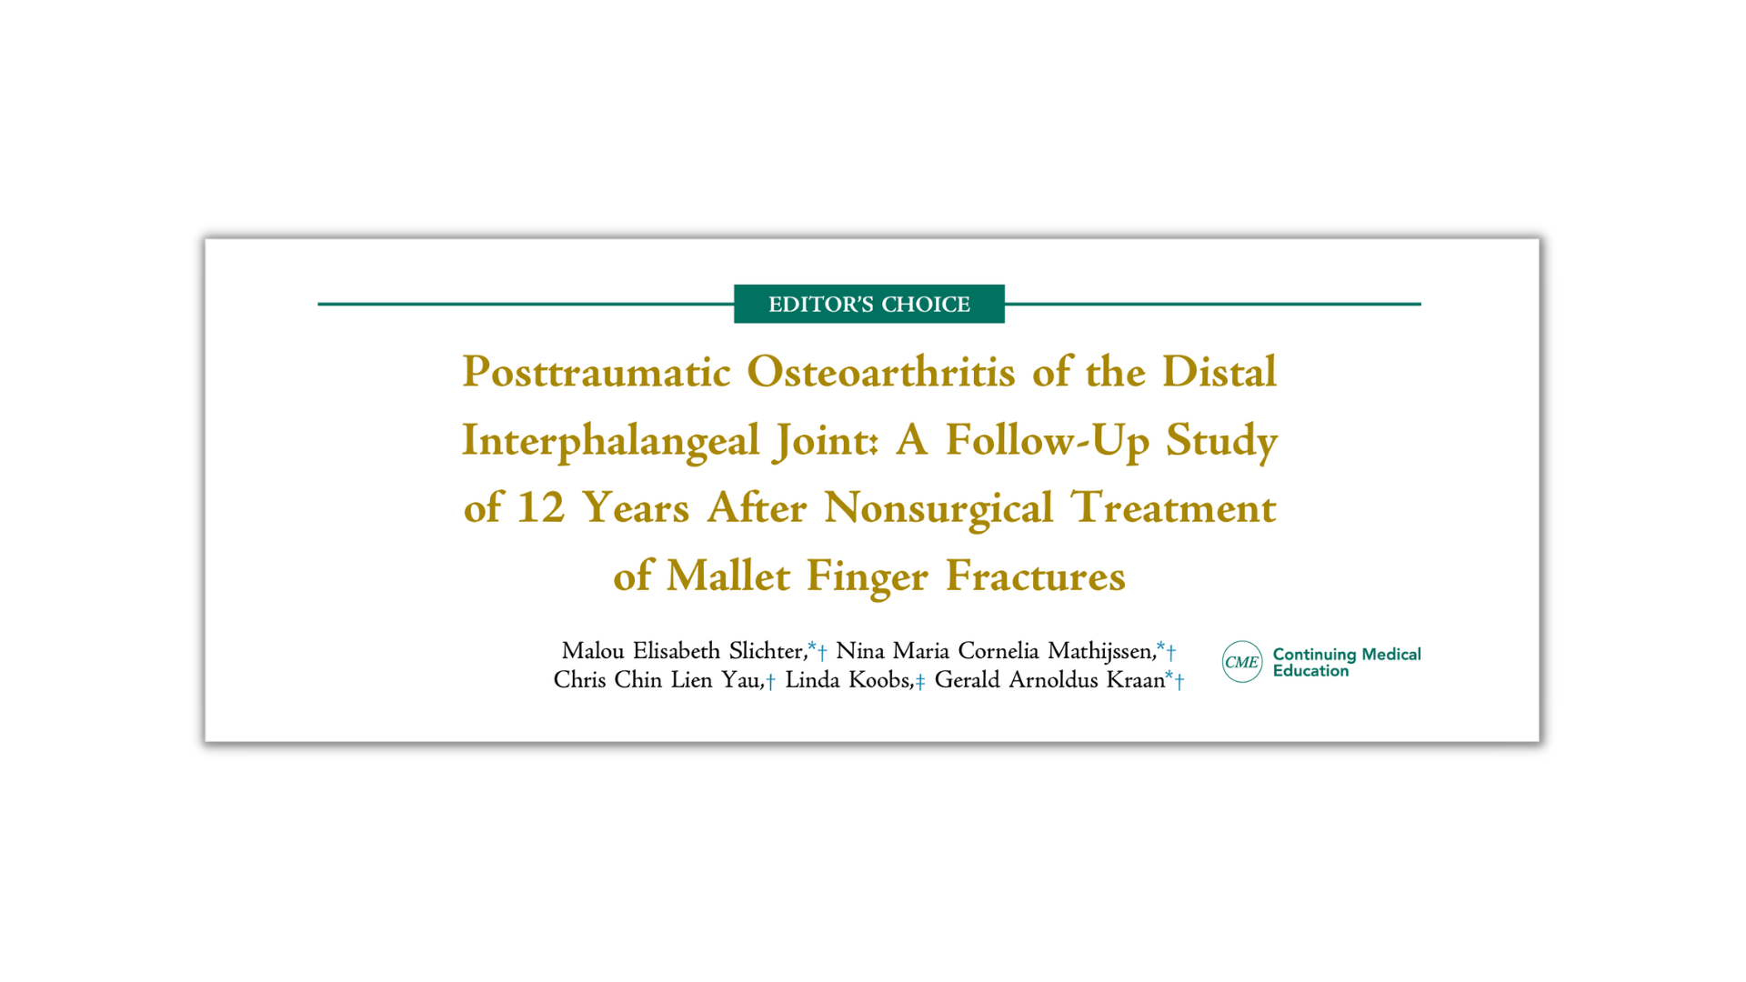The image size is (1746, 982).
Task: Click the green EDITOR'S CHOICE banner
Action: point(869,304)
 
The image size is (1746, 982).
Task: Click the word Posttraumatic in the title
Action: point(597,373)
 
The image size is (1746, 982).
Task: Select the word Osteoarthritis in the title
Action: point(881,372)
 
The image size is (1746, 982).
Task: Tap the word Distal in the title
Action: point(1219,372)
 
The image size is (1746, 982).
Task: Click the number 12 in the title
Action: point(541,507)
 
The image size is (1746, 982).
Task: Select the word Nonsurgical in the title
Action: point(938,509)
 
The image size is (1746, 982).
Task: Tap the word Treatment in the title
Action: point(1174,507)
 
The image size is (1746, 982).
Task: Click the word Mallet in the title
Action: point(728,576)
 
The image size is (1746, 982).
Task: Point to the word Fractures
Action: point(1036,576)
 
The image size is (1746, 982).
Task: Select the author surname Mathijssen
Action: point(1101,651)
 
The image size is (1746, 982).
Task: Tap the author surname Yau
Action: point(742,680)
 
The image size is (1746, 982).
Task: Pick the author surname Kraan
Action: point(1135,680)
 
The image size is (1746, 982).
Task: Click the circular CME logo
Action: point(1242,662)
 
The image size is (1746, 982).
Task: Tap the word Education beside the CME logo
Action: point(1310,671)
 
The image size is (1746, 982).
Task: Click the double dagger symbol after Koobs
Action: point(920,682)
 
